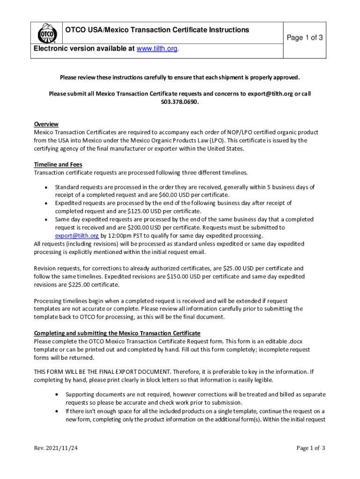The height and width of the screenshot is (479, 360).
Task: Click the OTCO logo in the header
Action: pos(46,33)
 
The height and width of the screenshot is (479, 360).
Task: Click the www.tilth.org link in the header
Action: pos(157,49)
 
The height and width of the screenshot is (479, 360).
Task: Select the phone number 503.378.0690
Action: pos(180,102)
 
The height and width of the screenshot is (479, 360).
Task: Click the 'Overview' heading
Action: pos(46,124)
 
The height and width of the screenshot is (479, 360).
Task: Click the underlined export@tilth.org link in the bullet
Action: pos(77,235)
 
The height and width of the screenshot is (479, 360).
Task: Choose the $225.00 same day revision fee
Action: pos(79,284)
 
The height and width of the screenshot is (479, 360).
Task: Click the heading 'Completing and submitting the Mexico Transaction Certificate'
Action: pos(117,333)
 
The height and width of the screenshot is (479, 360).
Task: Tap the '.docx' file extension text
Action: pos(295,341)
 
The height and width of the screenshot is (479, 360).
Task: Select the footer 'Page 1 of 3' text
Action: pos(311,448)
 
